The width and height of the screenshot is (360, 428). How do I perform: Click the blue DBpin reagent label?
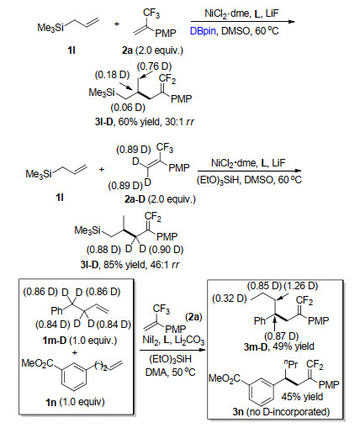(x=203, y=31)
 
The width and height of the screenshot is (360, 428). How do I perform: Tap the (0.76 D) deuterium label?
(x=154, y=66)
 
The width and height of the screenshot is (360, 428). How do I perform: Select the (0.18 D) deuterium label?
(x=112, y=75)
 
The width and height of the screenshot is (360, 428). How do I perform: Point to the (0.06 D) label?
(x=128, y=108)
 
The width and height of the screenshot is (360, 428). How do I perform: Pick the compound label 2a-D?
(x=135, y=199)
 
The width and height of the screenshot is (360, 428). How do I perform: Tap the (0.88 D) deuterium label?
(x=103, y=250)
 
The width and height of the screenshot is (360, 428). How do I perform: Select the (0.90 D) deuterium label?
(x=166, y=250)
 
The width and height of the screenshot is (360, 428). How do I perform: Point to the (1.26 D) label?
(x=301, y=286)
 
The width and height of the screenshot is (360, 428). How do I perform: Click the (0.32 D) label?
(x=229, y=299)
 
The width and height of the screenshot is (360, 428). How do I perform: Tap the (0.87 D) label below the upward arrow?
(x=282, y=336)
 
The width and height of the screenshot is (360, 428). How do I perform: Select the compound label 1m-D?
(x=55, y=341)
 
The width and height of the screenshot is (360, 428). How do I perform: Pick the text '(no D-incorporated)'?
(x=288, y=412)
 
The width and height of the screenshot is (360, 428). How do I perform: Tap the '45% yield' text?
(x=302, y=397)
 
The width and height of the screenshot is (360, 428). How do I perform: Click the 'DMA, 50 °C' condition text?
(x=170, y=373)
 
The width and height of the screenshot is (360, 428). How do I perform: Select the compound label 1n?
(x=50, y=403)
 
